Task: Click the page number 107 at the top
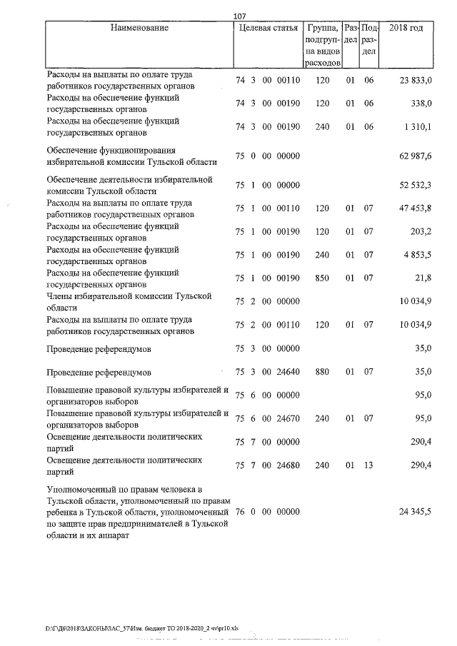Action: pyautogui.click(x=239, y=16)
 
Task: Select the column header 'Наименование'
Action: pyautogui.click(x=140, y=28)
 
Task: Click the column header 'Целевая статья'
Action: pyautogui.click(x=267, y=28)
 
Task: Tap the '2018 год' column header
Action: pyautogui.click(x=406, y=28)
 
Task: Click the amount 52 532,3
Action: pyautogui.click(x=415, y=185)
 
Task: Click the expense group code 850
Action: pyautogui.click(x=322, y=278)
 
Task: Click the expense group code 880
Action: pyautogui.click(x=322, y=372)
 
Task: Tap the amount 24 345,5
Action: pyautogui.click(x=415, y=512)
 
